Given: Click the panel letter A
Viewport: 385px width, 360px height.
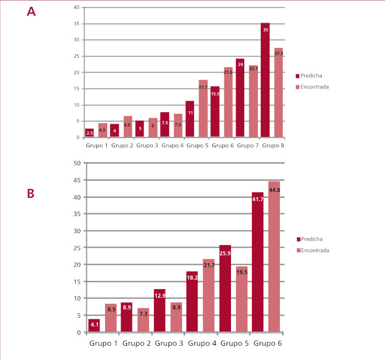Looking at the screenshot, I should pyautogui.click(x=31, y=12).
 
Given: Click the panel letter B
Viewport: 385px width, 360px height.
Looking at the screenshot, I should pyautogui.click(x=31, y=194).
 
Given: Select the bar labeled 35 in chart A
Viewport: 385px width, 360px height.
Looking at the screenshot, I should pyautogui.click(x=265, y=80).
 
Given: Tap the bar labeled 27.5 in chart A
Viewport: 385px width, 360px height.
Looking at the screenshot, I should pyautogui.click(x=278, y=92).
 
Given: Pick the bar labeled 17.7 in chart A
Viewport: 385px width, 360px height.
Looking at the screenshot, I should pyautogui.click(x=203, y=108).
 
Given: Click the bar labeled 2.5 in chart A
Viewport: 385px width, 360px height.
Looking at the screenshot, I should pyautogui.click(x=90, y=133).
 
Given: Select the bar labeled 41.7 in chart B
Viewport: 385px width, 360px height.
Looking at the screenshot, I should pyautogui.click(x=257, y=262).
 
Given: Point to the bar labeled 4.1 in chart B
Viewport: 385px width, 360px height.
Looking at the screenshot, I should pyautogui.click(x=94, y=325).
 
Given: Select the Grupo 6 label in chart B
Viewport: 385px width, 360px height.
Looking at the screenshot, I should pyautogui.click(x=267, y=344).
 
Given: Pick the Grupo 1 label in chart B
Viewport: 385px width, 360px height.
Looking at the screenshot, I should pyautogui.click(x=103, y=344).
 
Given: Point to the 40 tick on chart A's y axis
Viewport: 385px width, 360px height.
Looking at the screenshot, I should pyautogui.click(x=76, y=7).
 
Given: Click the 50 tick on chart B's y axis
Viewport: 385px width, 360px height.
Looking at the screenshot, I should pyautogui.click(x=77, y=163).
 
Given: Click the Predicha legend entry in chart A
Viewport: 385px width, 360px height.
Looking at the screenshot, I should pyautogui.click(x=315, y=76).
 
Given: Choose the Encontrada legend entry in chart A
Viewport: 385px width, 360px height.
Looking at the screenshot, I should pyautogui.click(x=319, y=86).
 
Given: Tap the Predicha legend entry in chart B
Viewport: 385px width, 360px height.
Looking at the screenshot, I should pyautogui.click(x=315, y=239).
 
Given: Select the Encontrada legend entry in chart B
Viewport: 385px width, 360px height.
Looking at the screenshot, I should pyautogui.click(x=319, y=250).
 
